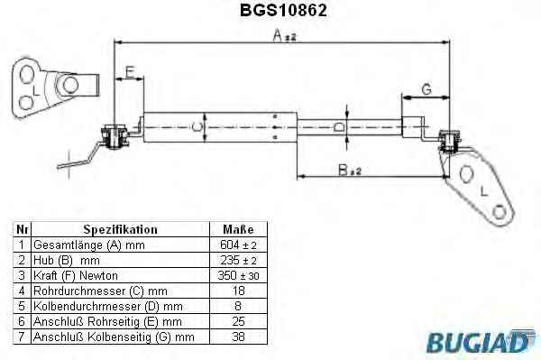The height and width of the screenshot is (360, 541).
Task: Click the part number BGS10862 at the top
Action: pos(283,10)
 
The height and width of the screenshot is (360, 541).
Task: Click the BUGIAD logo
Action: pos(481,341)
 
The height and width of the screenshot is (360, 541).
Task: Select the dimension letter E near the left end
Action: pos(129,72)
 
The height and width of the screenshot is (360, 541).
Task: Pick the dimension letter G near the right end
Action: pos(426,89)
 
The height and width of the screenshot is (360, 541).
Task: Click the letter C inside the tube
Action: pos(196,127)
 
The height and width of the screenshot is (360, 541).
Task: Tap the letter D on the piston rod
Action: pos(339,127)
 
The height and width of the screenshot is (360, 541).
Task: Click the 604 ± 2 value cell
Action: pos(238,245)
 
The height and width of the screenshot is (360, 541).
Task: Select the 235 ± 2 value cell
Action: pos(238,260)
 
